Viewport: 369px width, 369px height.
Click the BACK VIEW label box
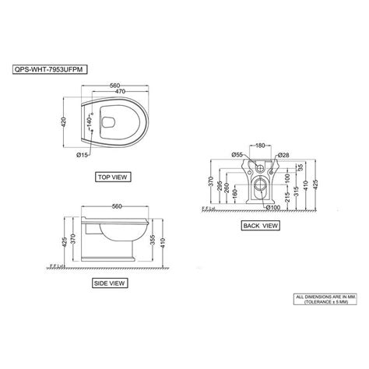click(x=259, y=226)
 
